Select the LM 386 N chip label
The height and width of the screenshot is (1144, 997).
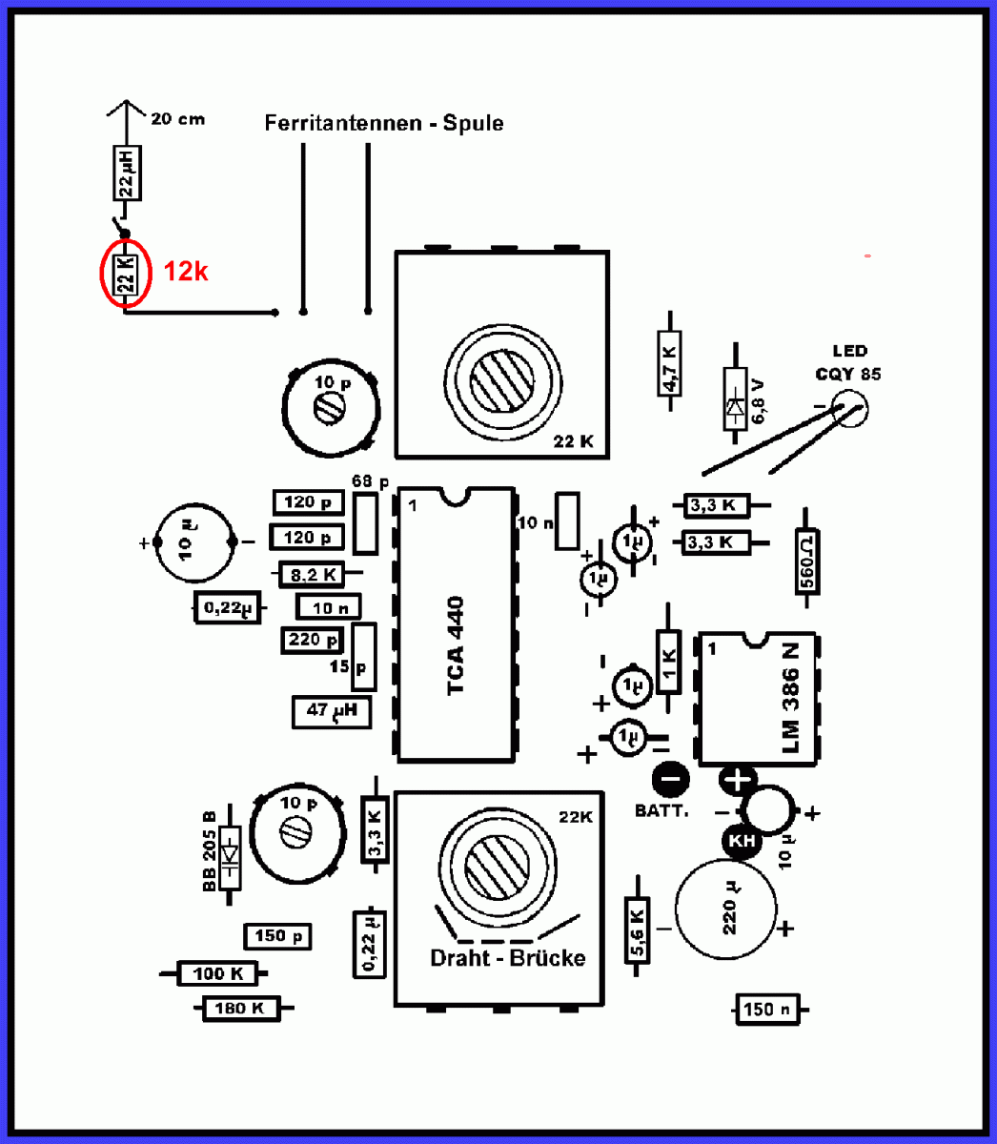[x=790, y=697]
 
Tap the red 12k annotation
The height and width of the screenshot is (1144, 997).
[x=186, y=272]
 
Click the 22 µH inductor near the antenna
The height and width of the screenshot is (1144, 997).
[x=128, y=173]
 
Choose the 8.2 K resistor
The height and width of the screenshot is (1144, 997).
[x=313, y=575]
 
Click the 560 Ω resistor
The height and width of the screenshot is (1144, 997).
[x=807, y=568]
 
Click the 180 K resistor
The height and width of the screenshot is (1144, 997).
[x=240, y=1008]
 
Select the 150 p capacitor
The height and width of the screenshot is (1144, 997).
[x=277, y=936]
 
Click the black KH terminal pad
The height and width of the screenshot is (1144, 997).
[x=742, y=842]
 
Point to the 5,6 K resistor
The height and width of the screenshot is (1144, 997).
[x=637, y=933]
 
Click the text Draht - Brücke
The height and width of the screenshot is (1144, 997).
[x=508, y=957]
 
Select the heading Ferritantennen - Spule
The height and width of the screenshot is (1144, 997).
[x=384, y=123]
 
